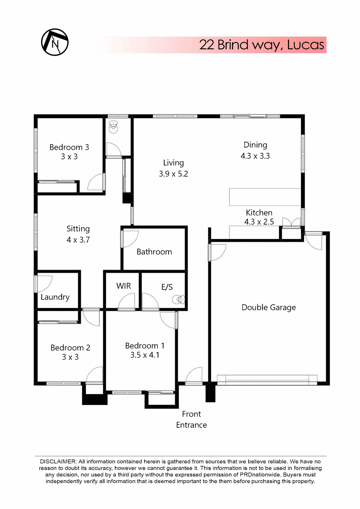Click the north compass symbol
[x=55, y=42]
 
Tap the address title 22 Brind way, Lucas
[x=261, y=45]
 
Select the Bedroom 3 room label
[x=69, y=147]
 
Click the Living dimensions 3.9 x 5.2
[x=173, y=174]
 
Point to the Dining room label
[x=255, y=145]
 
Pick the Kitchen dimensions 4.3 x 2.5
[x=259, y=222]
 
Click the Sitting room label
[x=78, y=229]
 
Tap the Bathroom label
[x=154, y=252]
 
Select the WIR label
[x=124, y=286]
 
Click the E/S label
[x=167, y=287]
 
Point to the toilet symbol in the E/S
[x=178, y=300]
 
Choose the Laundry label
[x=55, y=297]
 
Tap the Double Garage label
[x=269, y=307]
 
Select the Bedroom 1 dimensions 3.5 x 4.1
[x=145, y=355]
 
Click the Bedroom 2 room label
[x=70, y=348]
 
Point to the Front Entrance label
[x=191, y=419]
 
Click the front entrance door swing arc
[x=194, y=374]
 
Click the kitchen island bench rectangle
[x=265, y=197]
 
